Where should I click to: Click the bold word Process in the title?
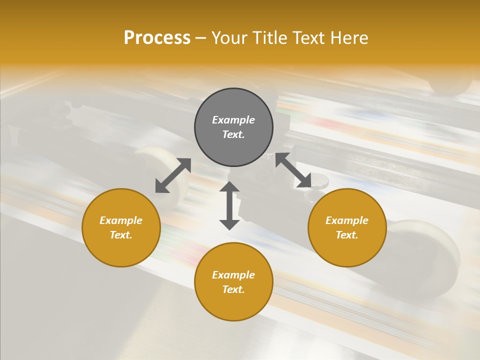click(157, 38)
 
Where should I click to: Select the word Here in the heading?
click(349, 38)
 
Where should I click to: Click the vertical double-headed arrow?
click(229, 205)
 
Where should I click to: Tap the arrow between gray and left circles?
click(173, 175)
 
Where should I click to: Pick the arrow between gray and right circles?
click(293, 170)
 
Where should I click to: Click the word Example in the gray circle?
click(233, 120)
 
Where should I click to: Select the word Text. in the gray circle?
click(233, 134)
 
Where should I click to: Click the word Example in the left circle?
click(121, 220)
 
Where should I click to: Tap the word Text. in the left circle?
click(121, 235)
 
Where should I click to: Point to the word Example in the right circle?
click(347, 220)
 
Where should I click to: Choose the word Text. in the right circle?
click(347, 235)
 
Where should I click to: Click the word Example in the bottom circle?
click(233, 275)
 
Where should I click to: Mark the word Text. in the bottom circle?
click(233, 289)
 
